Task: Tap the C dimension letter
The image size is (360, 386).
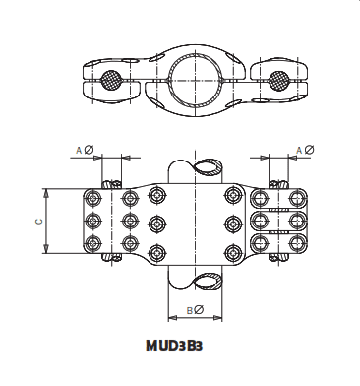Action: [x=38, y=221]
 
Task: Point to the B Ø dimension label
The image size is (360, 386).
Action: [x=195, y=312]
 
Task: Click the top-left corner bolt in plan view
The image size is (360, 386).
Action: [x=95, y=194]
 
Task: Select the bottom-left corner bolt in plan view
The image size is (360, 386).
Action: [x=95, y=243]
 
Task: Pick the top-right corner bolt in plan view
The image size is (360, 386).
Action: [x=295, y=194]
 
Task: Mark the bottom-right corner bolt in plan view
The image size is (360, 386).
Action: [x=295, y=243]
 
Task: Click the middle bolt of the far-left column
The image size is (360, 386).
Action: [x=95, y=219]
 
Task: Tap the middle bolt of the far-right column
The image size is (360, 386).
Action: [x=295, y=219]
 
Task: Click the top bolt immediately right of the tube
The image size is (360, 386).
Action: [x=233, y=193]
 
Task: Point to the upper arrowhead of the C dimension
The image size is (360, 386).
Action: [x=51, y=191]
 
